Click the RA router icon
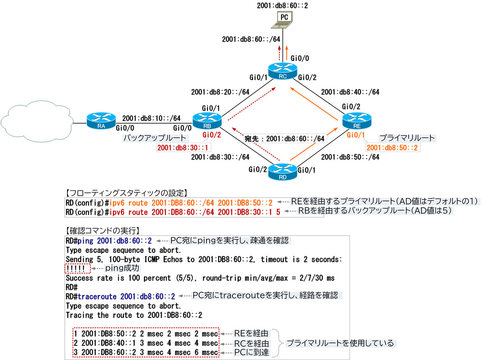coord(101,120)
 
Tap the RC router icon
coord(283,72)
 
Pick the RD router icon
coord(282,172)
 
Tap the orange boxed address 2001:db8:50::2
coord(393,148)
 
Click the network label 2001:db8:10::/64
coord(151,118)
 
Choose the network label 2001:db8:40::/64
coord(350,92)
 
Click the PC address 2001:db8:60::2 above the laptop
coord(283,6)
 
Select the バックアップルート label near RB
coord(152,138)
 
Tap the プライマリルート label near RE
coord(407,138)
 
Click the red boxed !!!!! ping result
coord(77,269)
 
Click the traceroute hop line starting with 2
coord(146,343)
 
